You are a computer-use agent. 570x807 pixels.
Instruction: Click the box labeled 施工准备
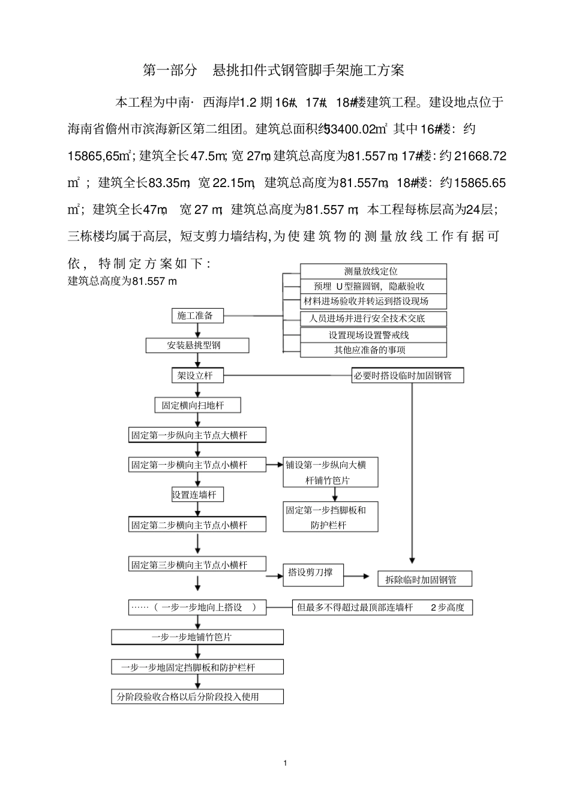[x=196, y=315]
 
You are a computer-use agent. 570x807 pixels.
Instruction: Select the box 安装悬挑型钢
[x=197, y=345]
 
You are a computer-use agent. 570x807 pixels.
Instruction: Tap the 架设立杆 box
[x=191, y=376]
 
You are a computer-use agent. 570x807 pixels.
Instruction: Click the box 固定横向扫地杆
[x=197, y=405]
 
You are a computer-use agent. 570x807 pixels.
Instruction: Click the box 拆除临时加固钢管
[x=424, y=579]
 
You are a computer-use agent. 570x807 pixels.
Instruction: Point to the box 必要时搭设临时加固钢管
[x=408, y=376]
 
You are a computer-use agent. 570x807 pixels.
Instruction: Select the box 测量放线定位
[x=373, y=271]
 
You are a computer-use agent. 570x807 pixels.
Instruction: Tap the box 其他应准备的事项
[x=373, y=350]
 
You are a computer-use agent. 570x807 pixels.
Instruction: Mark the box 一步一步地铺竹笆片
[x=197, y=637]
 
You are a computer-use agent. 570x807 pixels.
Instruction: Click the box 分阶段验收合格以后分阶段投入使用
[x=197, y=697]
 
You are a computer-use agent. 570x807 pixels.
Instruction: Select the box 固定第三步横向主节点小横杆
[x=197, y=565]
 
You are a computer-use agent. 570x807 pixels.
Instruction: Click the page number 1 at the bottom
[x=285, y=763]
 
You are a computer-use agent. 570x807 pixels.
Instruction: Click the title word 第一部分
[x=170, y=70]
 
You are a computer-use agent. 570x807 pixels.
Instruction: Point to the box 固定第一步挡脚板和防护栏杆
[x=331, y=517]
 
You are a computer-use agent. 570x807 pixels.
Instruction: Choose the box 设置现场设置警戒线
[x=373, y=335]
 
